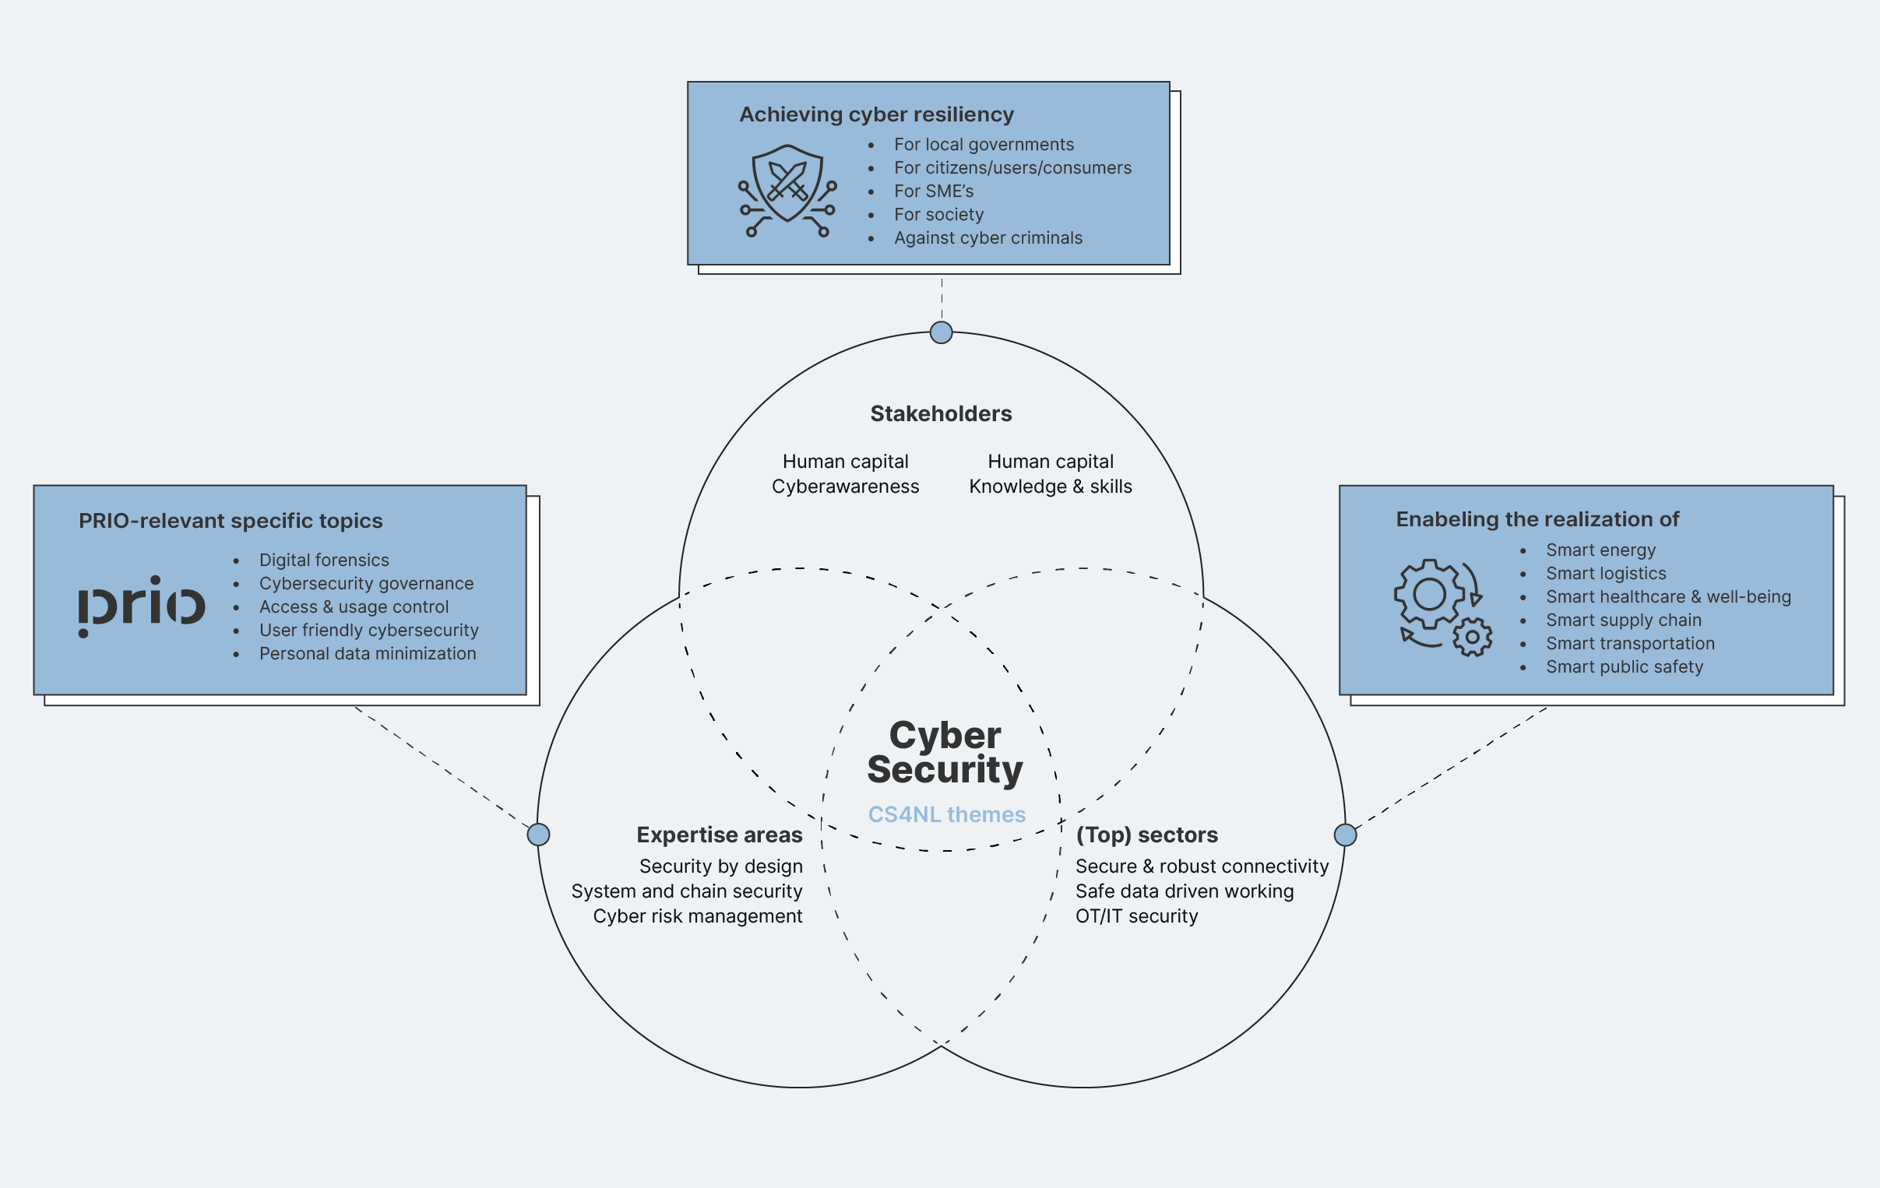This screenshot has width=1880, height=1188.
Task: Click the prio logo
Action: (142, 606)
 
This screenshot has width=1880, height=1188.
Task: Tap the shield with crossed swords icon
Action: (787, 191)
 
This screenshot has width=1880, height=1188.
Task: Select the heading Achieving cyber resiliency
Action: (876, 114)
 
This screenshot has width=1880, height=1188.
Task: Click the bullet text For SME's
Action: (933, 192)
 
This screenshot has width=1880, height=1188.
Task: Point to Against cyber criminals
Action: (988, 238)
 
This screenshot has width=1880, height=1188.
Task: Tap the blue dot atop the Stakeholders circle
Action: (941, 332)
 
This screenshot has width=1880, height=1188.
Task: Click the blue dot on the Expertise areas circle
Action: (538, 835)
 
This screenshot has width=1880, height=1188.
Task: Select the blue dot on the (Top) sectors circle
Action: (1344, 835)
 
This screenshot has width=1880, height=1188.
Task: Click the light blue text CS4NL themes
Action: (946, 814)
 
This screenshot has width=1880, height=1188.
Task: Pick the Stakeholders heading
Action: (941, 413)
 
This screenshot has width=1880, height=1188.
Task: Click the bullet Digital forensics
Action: (324, 561)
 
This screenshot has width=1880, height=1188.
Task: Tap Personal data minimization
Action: (367, 654)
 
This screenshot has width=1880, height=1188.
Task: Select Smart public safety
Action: (1624, 667)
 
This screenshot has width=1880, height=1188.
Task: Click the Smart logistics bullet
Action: (1605, 574)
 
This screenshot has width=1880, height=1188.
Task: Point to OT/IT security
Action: (1136, 916)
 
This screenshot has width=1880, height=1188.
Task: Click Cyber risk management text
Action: (697, 916)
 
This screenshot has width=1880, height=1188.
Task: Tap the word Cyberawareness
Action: (845, 487)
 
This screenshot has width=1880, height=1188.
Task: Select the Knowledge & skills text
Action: (1050, 487)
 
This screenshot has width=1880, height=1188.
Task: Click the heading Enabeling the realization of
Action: (1537, 520)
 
